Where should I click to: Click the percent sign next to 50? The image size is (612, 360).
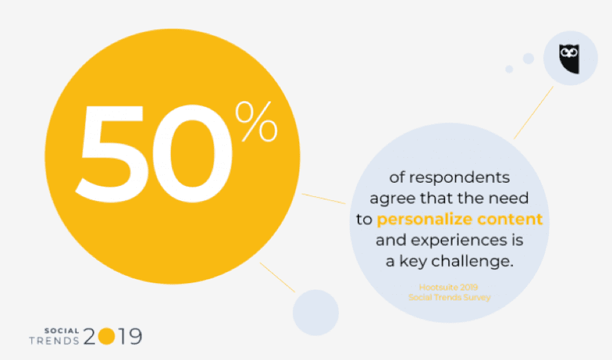256,121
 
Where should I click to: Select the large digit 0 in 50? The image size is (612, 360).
192,153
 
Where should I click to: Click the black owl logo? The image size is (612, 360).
569,59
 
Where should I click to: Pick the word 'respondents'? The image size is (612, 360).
459,178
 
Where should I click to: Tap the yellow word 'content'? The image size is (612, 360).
510,219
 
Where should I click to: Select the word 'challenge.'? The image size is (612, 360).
472,261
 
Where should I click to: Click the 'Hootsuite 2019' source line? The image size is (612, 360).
448,288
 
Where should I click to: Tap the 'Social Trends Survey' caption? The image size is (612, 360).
449,297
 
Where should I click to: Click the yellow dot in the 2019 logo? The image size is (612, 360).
106,336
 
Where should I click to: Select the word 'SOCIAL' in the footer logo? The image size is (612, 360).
62,331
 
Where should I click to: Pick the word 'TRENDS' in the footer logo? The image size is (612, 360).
54,341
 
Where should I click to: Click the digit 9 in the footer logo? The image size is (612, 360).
135,336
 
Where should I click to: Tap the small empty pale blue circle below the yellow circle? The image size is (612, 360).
315,312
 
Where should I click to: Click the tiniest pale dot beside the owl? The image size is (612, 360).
509,69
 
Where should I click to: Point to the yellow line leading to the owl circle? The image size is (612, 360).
533,112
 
